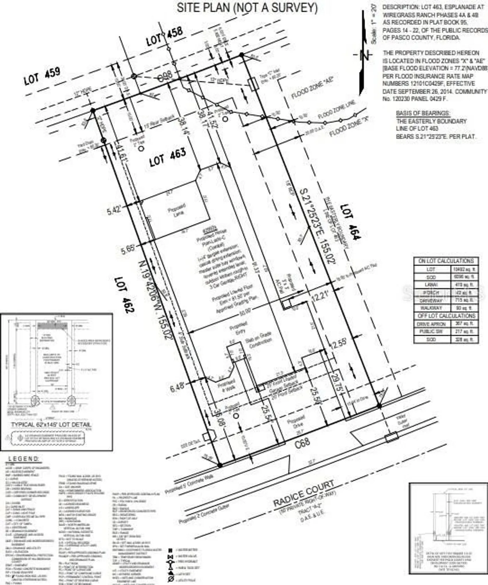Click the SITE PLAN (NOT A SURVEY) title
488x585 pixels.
point(247,8)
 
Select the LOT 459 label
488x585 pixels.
point(42,76)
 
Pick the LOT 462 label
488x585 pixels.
point(124,295)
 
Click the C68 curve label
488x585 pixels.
point(302,442)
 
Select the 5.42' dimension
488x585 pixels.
point(115,211)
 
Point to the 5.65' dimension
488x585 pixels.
point(128,249)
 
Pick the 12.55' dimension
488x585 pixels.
point(338,344)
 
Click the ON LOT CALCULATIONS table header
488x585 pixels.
point(445,261)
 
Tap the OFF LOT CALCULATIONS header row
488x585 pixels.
point(446,316)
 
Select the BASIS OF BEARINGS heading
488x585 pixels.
point(422,113)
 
